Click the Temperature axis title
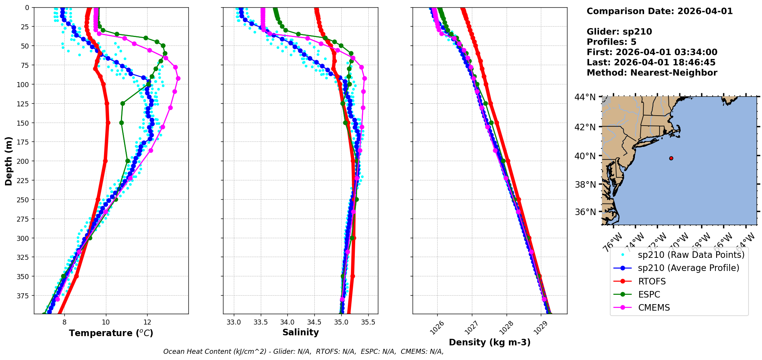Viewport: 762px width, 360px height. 111,333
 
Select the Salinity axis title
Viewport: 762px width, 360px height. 300,332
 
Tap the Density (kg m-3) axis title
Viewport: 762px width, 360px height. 490,342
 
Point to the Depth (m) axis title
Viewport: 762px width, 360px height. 8,161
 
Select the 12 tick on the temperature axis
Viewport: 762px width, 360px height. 147,322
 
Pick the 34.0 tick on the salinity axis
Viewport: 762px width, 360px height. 287,322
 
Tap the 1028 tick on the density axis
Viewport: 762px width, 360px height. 505,328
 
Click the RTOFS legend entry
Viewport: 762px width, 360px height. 652,281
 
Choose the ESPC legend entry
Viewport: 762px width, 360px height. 649,294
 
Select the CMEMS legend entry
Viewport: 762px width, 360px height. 654,308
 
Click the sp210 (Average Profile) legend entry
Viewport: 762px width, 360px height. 688,268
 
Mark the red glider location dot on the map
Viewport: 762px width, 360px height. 671,158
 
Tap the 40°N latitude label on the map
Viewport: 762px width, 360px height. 585,156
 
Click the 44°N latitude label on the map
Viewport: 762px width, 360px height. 585,97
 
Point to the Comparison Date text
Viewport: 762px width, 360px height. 660,11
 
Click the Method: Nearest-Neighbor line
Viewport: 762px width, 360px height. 652,73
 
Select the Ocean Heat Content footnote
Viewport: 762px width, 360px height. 303,352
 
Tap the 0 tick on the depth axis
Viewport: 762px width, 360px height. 27,7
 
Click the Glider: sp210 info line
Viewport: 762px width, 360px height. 619,32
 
